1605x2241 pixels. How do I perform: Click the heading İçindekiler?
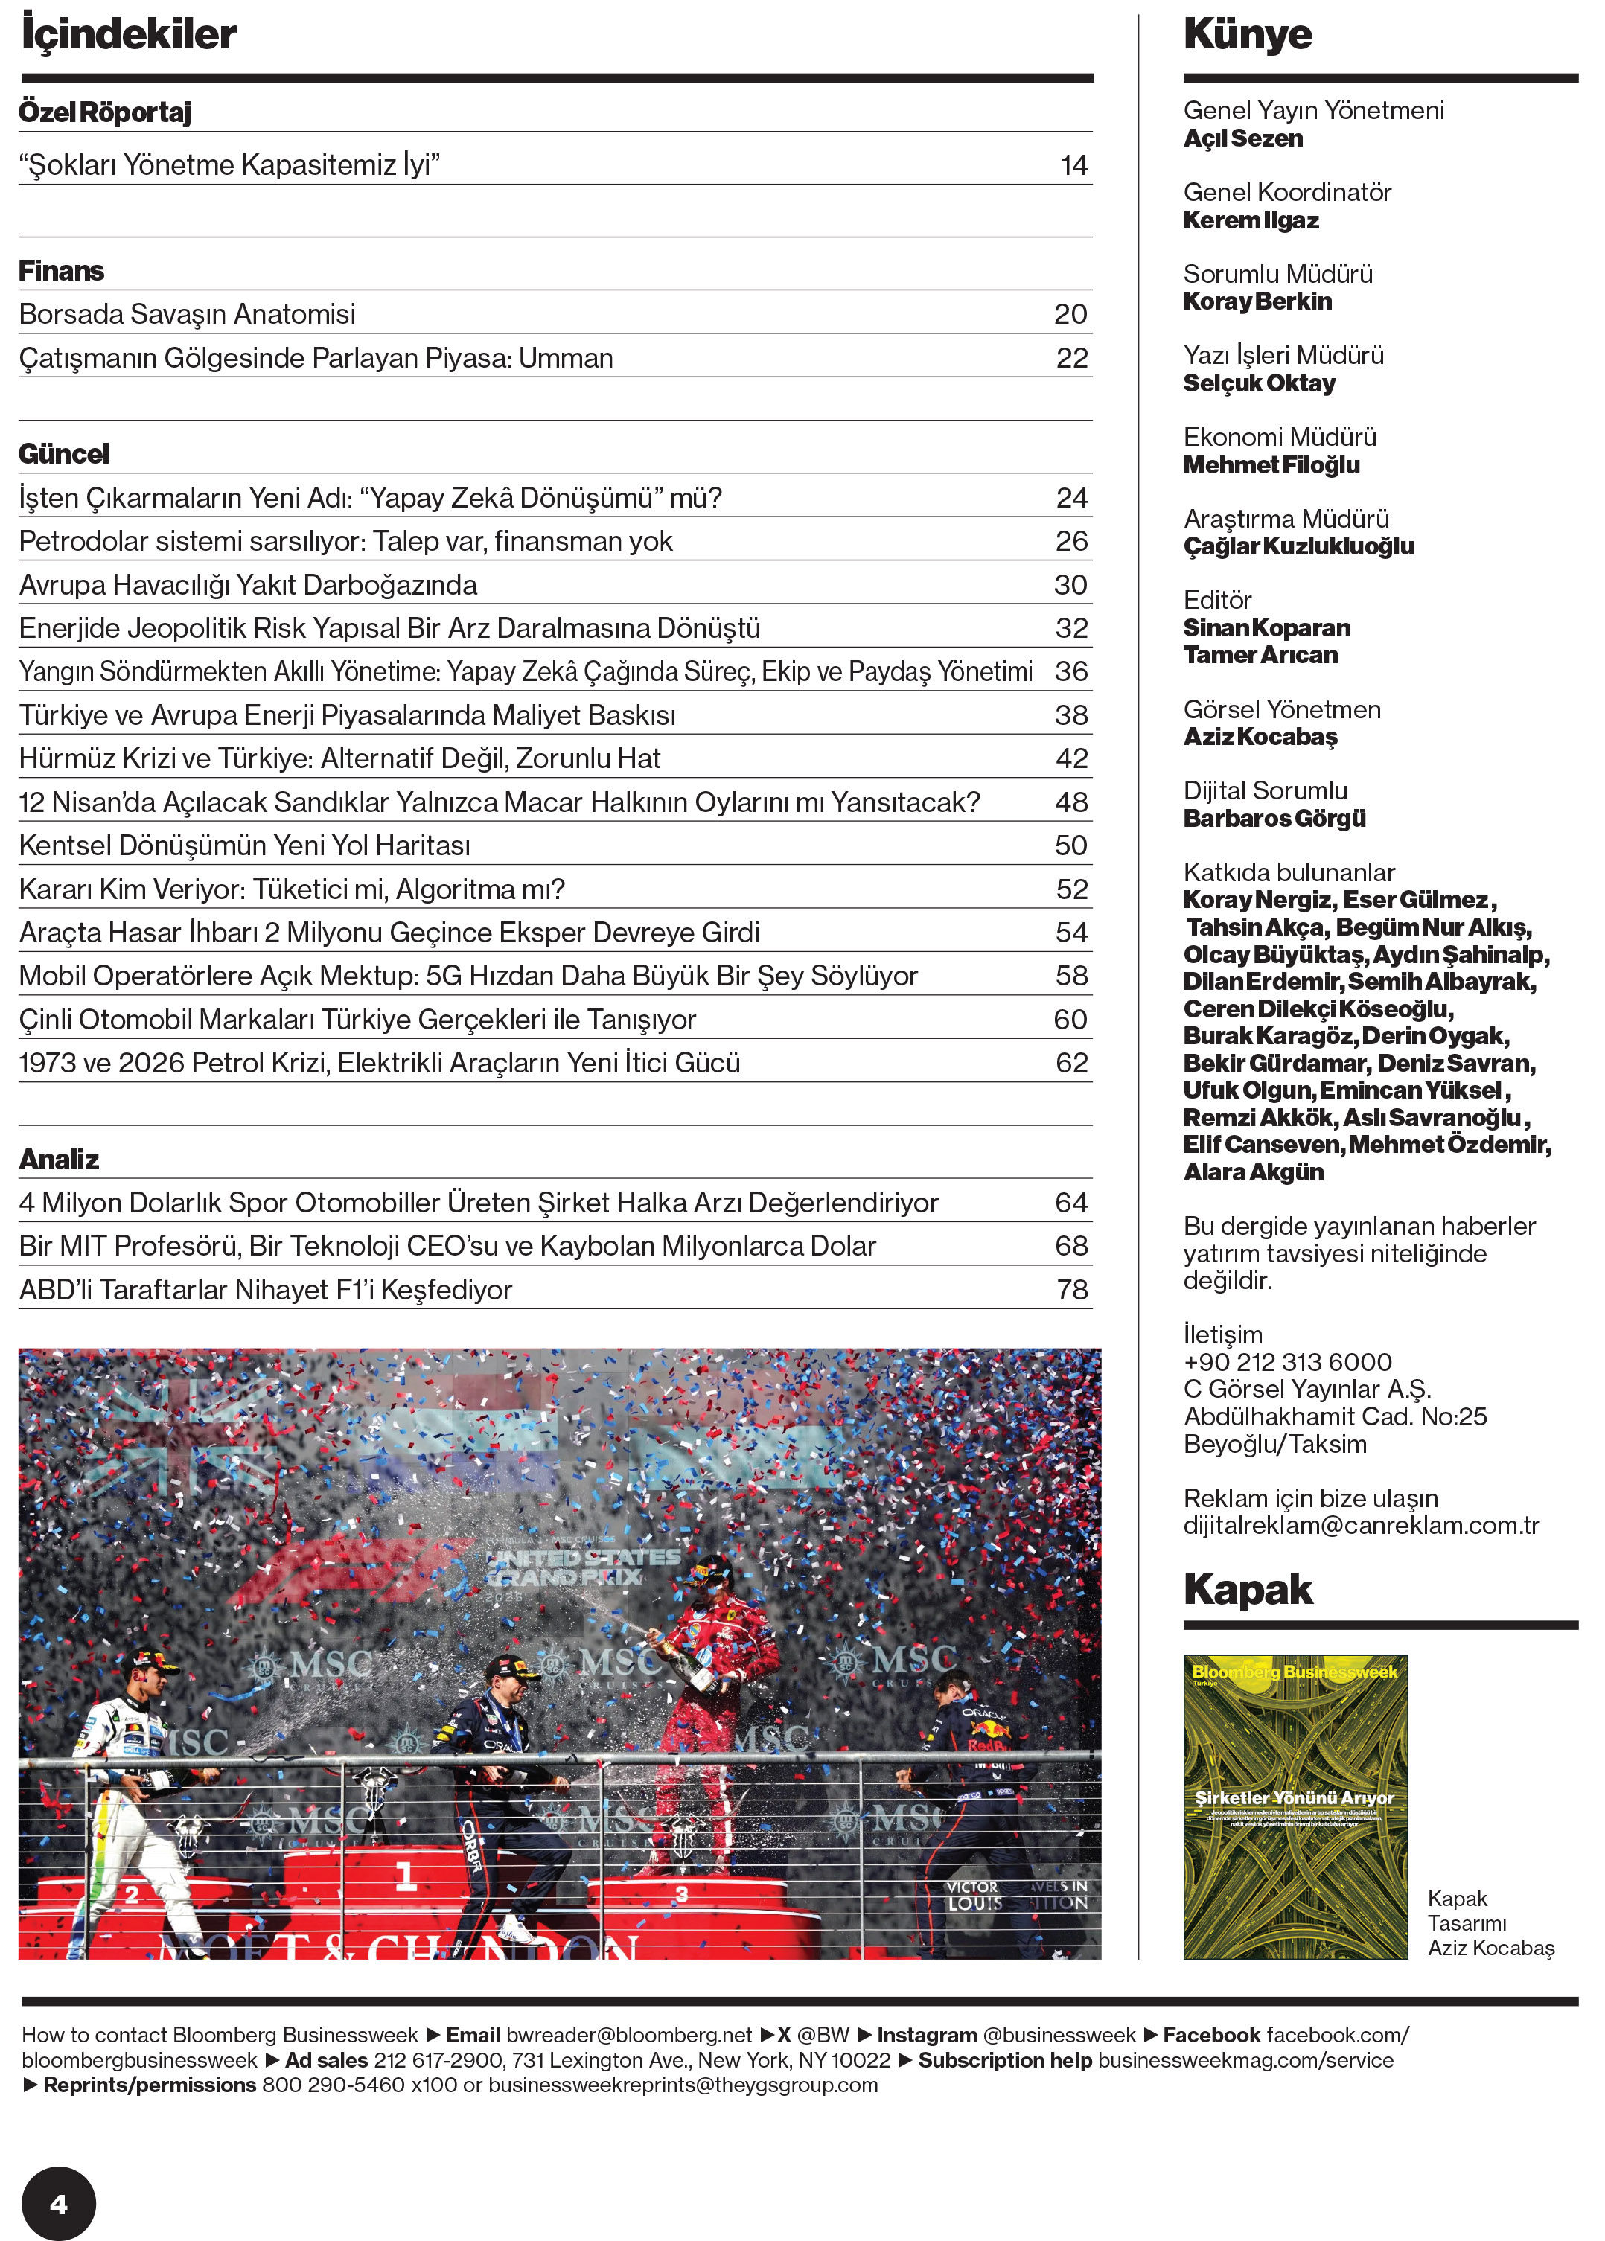pyautogui.click(x=129, y=34)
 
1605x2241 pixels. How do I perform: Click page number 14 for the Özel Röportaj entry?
pyautogui.click(x=1073, y=165)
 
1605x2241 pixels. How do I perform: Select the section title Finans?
pyautogui.click(x=61, y=271)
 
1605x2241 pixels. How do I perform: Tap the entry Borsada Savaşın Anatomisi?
pyautogui.click(x=187, y=314)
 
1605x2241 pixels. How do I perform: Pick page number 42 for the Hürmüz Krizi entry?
pyautogui.click(x=1071, y=759)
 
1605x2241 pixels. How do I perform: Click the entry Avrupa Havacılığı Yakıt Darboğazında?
pyautogui.click(x=248, y=585)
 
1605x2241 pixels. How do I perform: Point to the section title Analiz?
pyautogui.click(x=60, y=1159)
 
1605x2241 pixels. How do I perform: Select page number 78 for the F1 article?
pyautogui.click(x=1071, y=1290)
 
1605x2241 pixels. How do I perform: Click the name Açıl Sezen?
pyautogui.click(x=1242, y=138)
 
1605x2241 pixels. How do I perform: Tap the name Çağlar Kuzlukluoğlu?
pyautogui.click(x=1298, y=546)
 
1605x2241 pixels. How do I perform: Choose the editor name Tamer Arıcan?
pyautogui.click(x=1260, y=655)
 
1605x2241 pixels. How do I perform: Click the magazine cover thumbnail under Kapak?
pyautogui.click(x=1295, y=1806)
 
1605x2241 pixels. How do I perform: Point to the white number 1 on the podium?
pyautogui.click(x=405, y=1876)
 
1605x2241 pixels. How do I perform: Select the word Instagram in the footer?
pyautogui.click(x=926, y=2036)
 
